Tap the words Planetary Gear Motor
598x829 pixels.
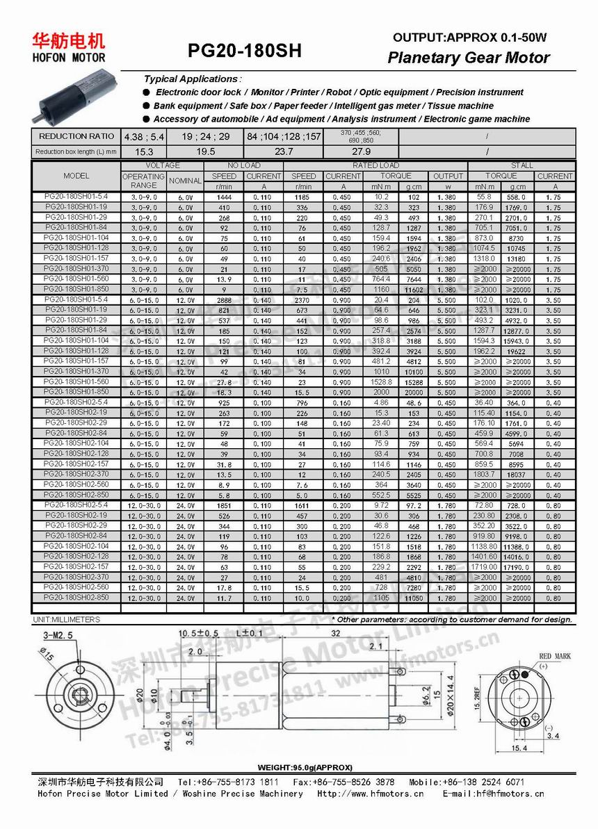point(468,58)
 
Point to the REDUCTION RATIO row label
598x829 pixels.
point(76,136)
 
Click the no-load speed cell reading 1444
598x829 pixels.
point(224,197)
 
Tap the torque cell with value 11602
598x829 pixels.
point(413,290)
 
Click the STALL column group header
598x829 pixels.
point(522,165)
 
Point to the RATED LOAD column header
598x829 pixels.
point(375,165)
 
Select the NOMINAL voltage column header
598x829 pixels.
point(185,181)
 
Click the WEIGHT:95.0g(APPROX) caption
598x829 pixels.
point(305,767)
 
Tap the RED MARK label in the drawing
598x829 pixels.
point(554,656)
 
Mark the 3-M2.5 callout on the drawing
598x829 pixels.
point(58,634)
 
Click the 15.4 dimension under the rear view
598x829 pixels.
point(519,748)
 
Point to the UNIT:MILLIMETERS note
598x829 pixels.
point(67,620)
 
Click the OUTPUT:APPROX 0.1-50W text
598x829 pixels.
point(470,38)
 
